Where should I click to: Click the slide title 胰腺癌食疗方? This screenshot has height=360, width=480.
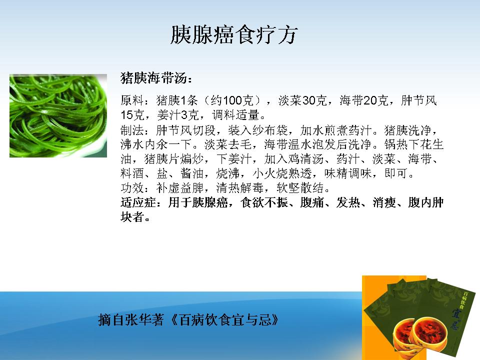click(234, 34)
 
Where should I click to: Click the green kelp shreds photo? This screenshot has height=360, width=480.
click(58, 115)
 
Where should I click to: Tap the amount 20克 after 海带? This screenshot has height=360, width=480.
click(376, 100)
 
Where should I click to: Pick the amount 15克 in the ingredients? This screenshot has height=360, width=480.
click(132, 115)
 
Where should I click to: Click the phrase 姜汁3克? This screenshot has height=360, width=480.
click(178, 115)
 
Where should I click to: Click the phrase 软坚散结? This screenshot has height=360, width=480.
click(300, 188)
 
